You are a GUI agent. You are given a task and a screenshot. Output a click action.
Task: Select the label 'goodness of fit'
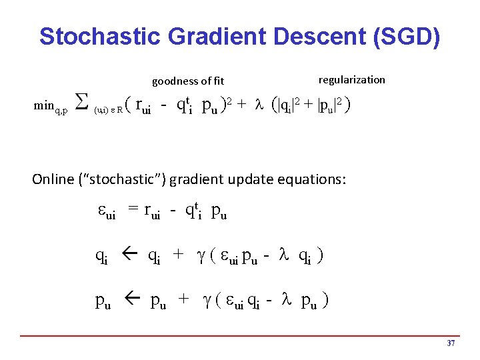[188, 81]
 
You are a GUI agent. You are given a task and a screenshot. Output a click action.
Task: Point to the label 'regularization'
[351, 79]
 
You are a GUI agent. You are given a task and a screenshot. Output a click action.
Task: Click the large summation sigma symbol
[79, 104]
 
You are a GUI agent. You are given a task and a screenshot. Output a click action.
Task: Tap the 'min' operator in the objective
[45, 106]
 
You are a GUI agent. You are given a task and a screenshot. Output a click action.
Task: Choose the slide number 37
[451, 343]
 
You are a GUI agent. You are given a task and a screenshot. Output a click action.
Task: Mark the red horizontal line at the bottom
[240, 335]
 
